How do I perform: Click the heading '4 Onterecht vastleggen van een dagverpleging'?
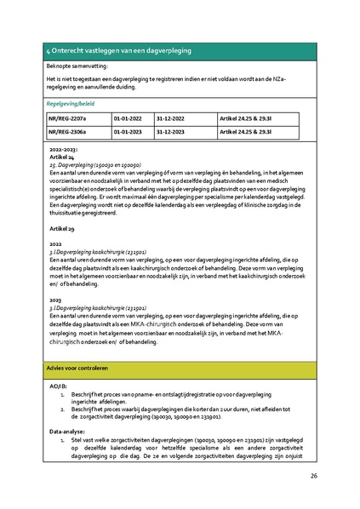118,52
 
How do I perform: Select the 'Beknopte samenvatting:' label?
79,66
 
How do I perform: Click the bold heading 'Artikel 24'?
61,157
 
